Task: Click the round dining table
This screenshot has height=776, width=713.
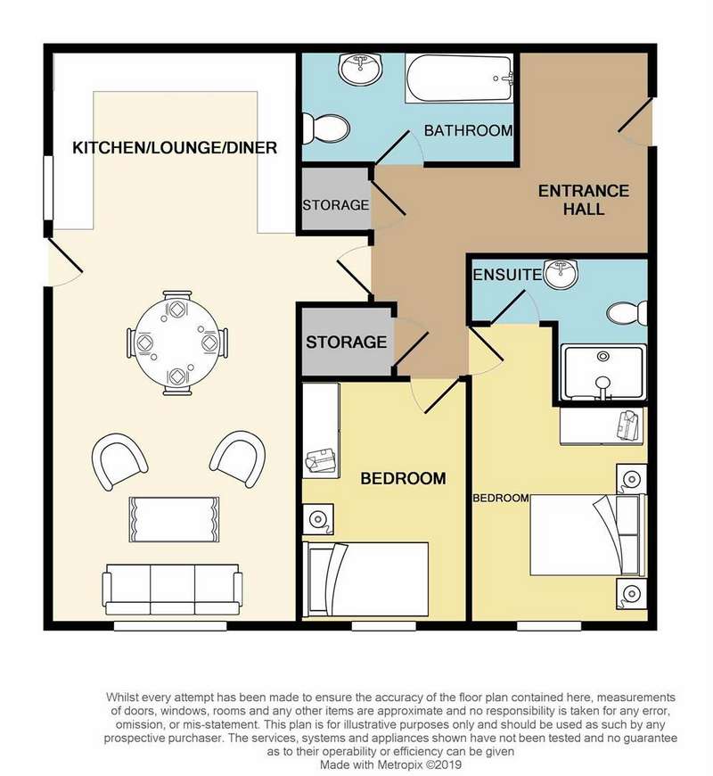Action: [177, 342]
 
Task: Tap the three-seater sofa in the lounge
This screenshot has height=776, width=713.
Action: [172, 589]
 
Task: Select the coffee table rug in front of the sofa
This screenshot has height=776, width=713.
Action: [174, 519]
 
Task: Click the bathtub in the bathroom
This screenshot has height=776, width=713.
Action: [459, 78]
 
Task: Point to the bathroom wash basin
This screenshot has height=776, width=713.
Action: [360, 69]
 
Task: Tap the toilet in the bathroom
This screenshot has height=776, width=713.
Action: [326, 128]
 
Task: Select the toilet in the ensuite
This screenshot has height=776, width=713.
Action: [627, 313]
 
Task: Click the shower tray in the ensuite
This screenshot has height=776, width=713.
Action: [603, 372]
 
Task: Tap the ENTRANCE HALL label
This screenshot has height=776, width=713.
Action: [584, 200]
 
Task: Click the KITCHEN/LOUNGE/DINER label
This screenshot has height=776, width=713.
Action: [175, 147]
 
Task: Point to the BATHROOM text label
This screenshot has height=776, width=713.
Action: [468, 130]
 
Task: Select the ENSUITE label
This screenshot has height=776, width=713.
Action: [507, 275]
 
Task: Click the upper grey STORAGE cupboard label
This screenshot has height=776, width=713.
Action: [336, 205]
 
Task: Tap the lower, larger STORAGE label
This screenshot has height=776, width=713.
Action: [346, 342]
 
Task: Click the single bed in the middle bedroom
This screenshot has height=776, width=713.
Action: [365, 579]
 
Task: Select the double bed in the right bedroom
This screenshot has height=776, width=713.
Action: [588, 534]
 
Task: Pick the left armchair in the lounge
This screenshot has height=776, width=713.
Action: [119, 461]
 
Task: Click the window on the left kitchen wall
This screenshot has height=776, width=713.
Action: [48, 188]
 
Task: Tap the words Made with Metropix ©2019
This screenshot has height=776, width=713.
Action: [390, 764]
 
